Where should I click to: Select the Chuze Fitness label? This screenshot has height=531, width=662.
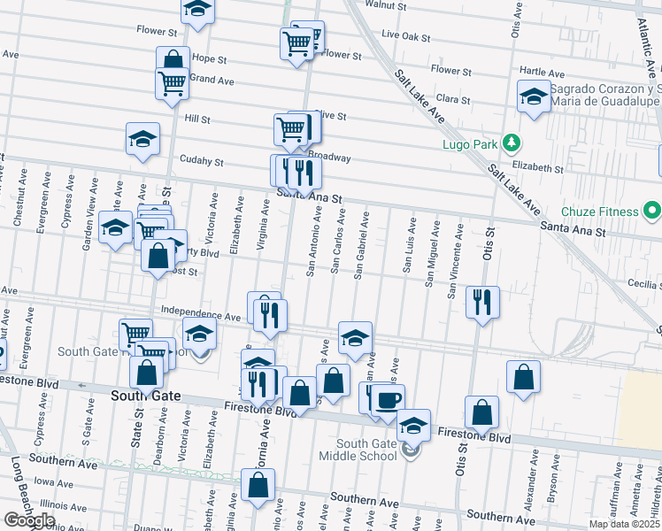[x=599, y=212]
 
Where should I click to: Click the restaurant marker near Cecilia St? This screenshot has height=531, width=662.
[x=483, y=303]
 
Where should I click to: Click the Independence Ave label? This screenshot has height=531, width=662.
[x=201, y=314]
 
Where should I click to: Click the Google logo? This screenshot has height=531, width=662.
[x=29, y=520]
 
